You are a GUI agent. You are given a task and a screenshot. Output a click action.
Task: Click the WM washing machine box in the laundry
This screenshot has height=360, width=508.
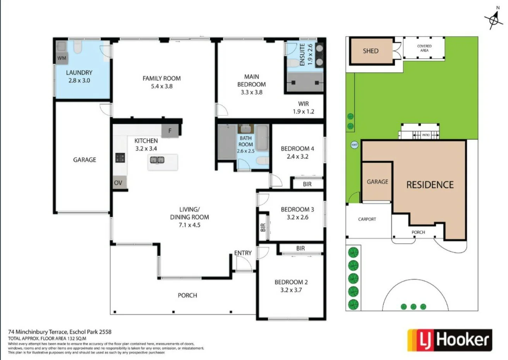click(62, 58)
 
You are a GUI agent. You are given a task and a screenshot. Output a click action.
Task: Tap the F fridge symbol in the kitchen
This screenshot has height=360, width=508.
click(170, 131)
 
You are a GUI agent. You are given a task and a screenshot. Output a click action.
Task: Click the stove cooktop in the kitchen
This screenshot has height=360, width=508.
click(120, 158)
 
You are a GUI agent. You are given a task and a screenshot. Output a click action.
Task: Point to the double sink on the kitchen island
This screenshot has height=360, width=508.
click(158, 160)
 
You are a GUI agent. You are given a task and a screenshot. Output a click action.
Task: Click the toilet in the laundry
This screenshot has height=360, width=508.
click(77, 47)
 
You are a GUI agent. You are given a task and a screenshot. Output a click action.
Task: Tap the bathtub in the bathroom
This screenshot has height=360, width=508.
click(263, 138)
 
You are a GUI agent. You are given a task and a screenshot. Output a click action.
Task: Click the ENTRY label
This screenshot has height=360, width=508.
click(243, 253)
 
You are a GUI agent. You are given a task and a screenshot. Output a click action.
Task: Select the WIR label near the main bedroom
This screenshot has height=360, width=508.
click(304, 104)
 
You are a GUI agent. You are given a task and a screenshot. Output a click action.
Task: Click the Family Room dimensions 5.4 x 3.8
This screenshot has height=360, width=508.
click(161, 86)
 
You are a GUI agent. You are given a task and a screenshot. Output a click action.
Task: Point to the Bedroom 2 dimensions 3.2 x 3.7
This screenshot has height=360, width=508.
click(291, 290)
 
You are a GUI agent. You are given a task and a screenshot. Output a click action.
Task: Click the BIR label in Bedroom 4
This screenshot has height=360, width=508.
click(307, 184)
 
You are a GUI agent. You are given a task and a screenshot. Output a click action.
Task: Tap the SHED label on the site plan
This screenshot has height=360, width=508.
click(371, 51)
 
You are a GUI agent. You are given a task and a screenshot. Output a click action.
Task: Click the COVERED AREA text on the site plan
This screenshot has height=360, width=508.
click(424, 48)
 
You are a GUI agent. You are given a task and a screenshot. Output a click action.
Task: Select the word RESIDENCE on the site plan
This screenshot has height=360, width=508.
click(430, 185)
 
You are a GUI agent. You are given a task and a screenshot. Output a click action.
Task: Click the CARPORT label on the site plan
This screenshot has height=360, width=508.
click(367, 219)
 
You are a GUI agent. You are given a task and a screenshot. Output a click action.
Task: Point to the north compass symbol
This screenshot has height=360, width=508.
click(493, 19)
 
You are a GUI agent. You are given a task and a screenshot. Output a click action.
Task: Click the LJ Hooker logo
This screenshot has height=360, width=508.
click(450, 340)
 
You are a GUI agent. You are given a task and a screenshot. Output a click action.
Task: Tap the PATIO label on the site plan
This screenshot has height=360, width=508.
click(426, 135)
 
